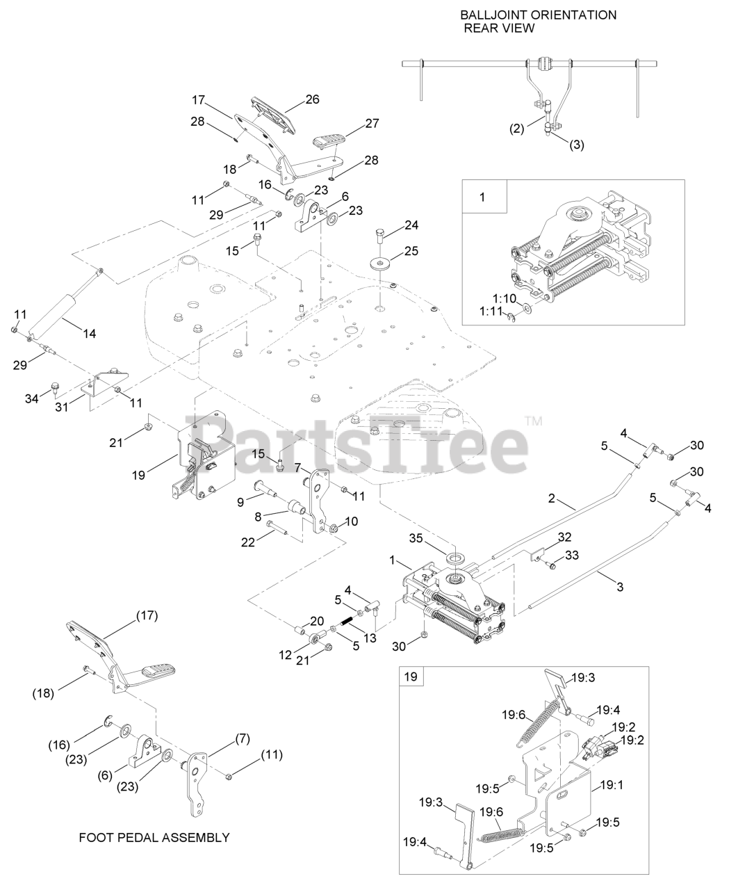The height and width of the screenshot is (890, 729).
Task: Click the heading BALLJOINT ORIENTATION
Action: coord(538,15)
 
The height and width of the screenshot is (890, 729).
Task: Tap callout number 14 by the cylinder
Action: coord(89,333)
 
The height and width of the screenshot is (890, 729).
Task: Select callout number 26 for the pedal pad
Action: coord(311,99)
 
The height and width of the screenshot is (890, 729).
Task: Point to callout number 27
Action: coord(372,123)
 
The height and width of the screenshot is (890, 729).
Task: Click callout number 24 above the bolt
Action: coord(411,225)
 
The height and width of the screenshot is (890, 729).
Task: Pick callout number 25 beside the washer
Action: coord(411,251)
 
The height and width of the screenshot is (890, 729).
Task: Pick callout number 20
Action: coord(317,621)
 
